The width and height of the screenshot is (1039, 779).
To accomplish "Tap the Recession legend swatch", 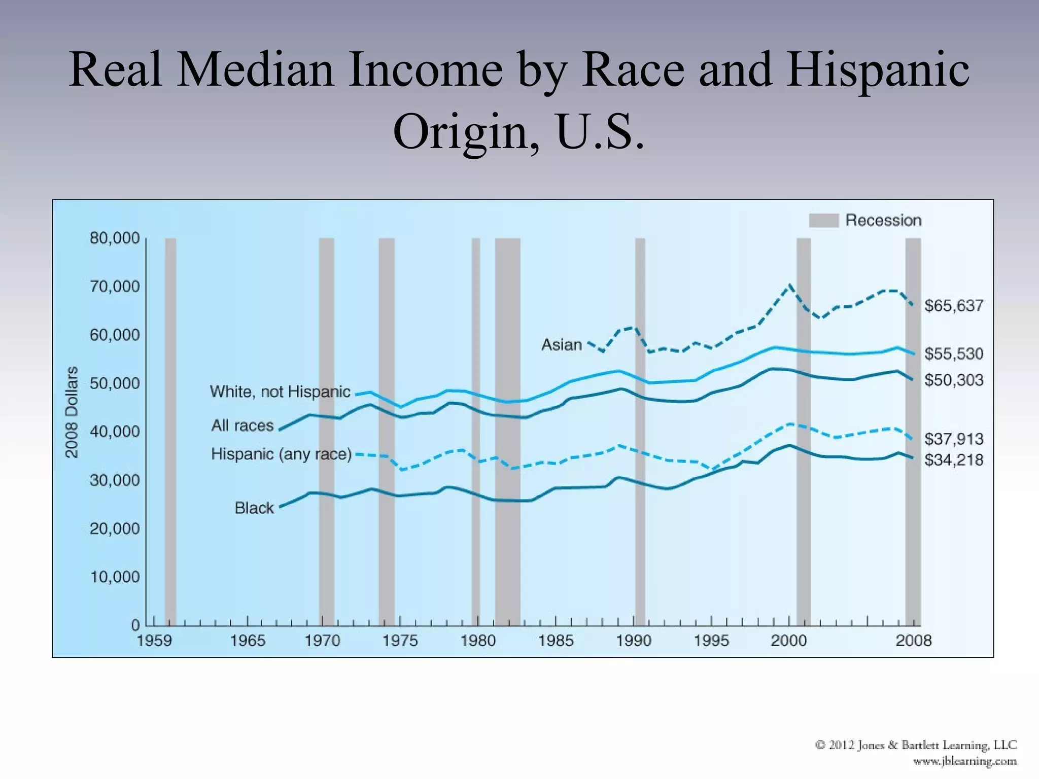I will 823,221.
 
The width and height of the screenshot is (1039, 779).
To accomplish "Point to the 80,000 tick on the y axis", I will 115,238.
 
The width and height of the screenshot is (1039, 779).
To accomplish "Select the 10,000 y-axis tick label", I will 115,577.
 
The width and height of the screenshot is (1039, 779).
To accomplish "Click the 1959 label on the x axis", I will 154,641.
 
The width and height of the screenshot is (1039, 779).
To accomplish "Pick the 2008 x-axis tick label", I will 913,641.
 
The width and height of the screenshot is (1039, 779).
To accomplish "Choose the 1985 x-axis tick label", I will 556,641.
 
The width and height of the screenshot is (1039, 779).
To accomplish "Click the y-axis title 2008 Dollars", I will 72,412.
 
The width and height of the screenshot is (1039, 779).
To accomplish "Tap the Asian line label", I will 562,345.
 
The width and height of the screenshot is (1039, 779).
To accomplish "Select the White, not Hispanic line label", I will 280,392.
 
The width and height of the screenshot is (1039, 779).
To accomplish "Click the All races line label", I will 243,426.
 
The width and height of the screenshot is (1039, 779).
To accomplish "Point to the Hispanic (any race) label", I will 282,454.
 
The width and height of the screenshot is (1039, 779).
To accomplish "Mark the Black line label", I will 254,508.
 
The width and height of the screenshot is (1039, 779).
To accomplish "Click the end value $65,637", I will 954,306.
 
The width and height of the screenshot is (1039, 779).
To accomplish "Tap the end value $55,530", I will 954,353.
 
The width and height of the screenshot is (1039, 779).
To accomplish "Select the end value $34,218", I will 954,460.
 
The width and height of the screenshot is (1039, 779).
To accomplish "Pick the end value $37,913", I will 954,439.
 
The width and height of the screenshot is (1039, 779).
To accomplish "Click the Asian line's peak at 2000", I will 789,286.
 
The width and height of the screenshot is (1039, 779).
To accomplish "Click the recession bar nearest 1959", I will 170,431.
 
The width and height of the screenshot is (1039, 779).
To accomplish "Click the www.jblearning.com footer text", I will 965,761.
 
